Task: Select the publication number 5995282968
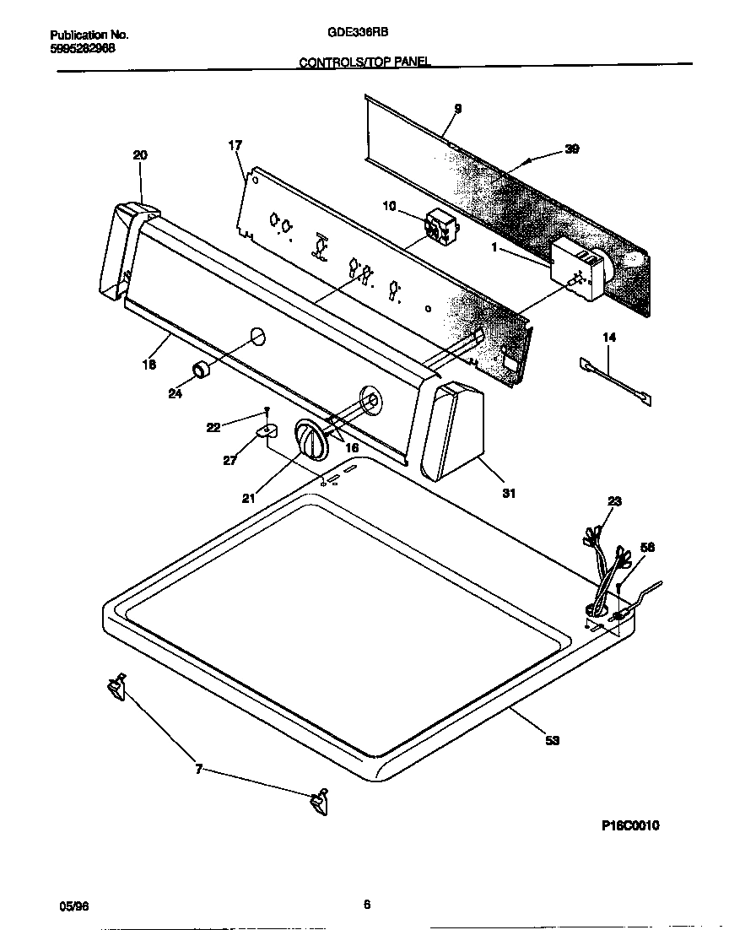pos(83,48)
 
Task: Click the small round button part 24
pos(202,370)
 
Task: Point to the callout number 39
pos(572,149)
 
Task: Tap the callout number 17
pos(235,145)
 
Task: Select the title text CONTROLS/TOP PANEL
pos(364,62)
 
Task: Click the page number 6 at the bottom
pos(367,905)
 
